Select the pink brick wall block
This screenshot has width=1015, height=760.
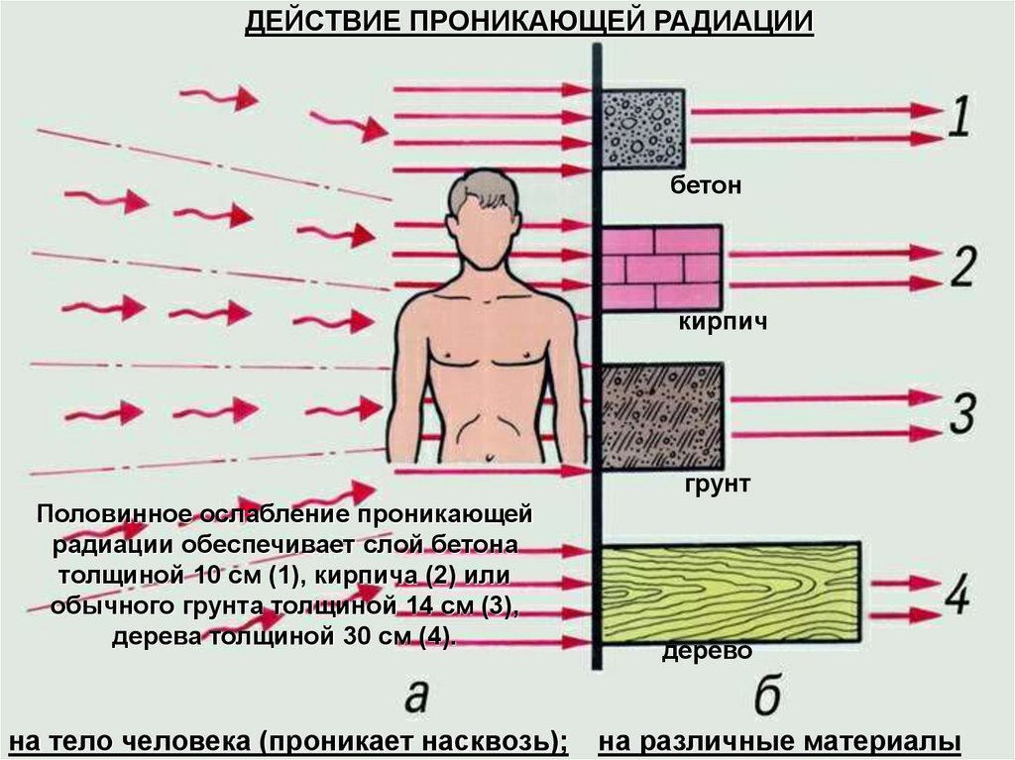pos(661,268)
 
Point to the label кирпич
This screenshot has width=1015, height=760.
pos(724,323)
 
